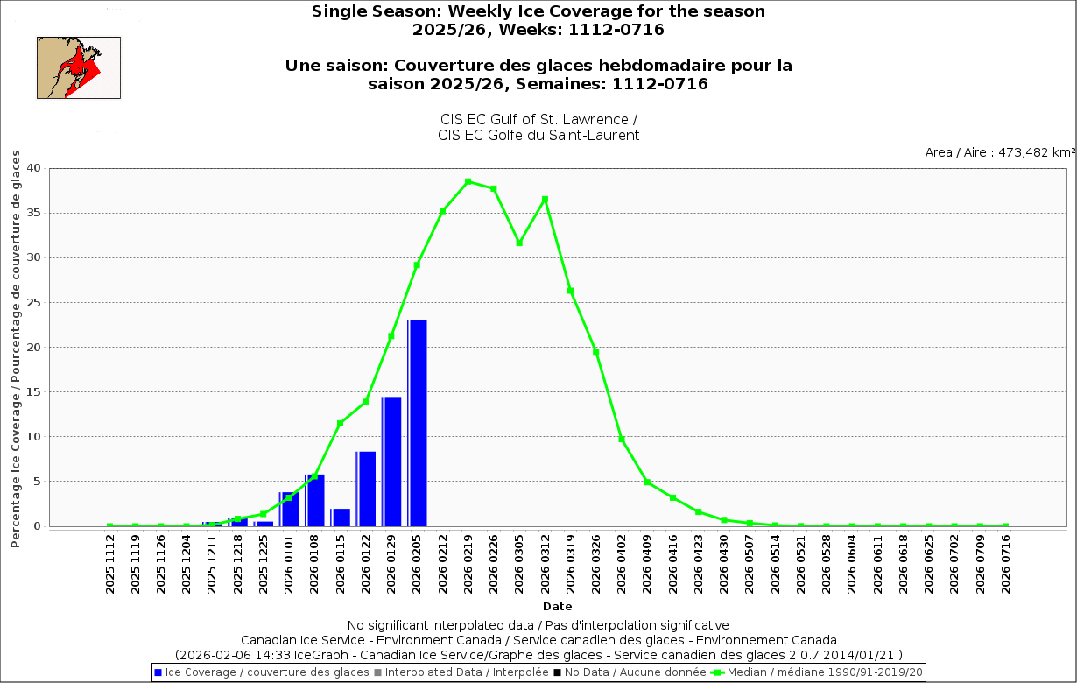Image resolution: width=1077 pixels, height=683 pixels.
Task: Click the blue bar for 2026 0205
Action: [418, 423]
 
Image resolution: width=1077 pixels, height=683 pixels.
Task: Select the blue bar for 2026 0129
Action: [392, 461]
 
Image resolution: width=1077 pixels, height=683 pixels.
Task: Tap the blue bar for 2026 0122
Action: [366, 489]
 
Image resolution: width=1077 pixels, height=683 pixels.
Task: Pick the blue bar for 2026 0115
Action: [341, 518]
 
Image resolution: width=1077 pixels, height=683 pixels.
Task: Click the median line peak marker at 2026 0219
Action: [468, 181]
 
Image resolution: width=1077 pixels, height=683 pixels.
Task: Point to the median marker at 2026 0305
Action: [519, 243]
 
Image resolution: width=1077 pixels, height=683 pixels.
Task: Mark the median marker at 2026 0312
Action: [545, 200]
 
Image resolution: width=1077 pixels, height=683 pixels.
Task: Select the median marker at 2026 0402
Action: [622, 440]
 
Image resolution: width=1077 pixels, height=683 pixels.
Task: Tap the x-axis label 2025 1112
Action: [110, 565]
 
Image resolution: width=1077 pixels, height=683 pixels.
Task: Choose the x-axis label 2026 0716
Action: [1006, 565]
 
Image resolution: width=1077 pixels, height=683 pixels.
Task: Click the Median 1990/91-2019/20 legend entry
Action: [819, 672]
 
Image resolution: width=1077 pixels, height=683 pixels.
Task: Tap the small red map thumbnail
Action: [78, 67]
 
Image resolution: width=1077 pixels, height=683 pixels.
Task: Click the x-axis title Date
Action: [557, 606]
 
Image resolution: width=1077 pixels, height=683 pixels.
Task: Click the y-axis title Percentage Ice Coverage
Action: [15, 349]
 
